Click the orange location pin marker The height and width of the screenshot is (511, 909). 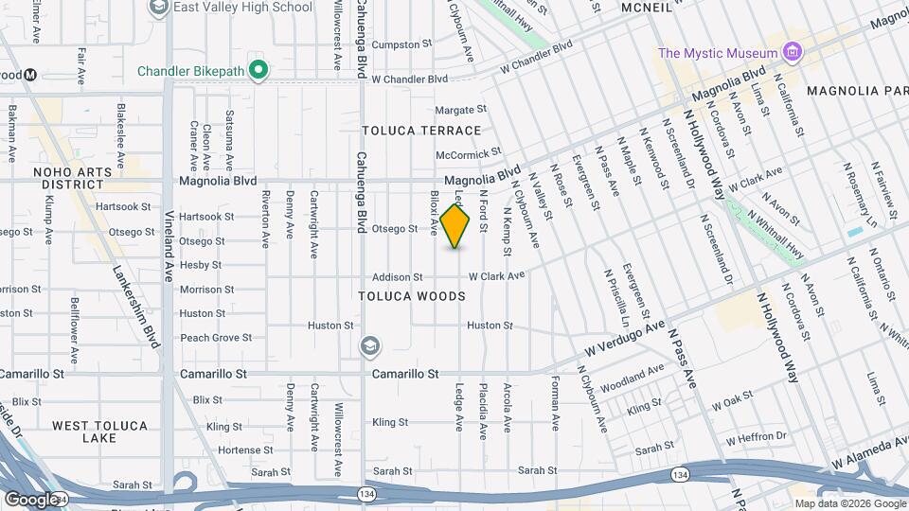(455, 226)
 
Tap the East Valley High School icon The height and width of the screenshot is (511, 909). (158, 8)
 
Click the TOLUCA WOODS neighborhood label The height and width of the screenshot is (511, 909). (412, 296)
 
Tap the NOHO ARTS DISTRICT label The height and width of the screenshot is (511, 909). (71, 178)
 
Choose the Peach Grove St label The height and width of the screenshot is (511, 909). (217, 337)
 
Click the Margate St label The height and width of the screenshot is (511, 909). (460, 110)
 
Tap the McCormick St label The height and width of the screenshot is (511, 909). (468, 153)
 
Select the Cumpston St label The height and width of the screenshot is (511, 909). (401, 44)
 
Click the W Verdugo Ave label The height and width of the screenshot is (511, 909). (627, 338)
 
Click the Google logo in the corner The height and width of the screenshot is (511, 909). (31, 499)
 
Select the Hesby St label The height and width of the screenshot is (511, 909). (200, 265)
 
